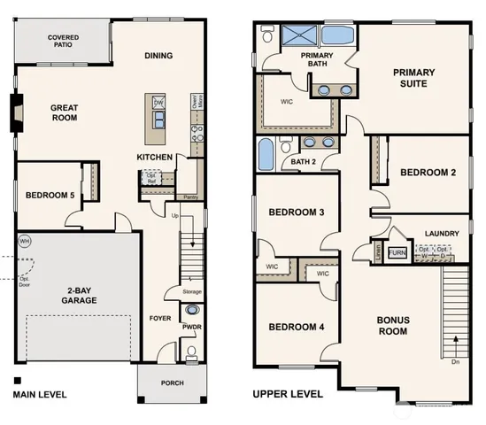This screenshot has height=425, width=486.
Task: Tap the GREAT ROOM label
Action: tap(63, 113)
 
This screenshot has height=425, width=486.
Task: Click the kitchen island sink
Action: tap(158, 104)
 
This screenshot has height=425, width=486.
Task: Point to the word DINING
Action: tap(158, 56)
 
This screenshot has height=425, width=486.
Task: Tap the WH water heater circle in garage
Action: tap(25, 240)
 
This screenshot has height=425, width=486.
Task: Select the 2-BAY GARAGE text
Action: tap(79, 295)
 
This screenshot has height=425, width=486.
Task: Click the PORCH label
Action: tap(170, 383)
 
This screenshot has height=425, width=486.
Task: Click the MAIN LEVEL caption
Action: tap(40, 394)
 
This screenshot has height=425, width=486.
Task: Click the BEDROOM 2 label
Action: tap(428, 173)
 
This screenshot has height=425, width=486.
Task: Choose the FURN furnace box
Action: tap(397, 252)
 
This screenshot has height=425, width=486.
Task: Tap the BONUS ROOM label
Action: tap(392, 325)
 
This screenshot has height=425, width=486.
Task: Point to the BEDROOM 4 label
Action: tap(296, 328)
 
